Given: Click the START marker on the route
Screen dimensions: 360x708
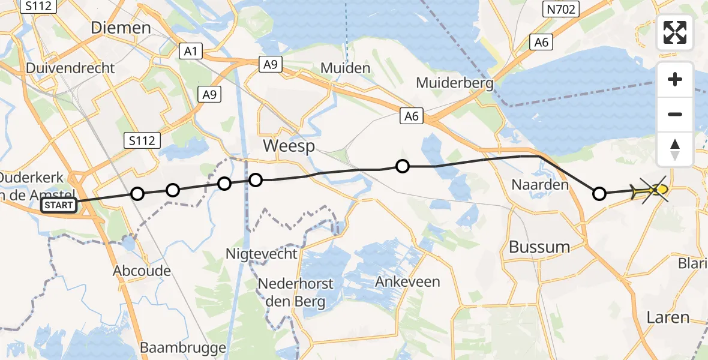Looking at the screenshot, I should pos(59,206).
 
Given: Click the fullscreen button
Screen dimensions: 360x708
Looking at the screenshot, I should pos(675,32).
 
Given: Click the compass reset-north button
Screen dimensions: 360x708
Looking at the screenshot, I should pos(675,149).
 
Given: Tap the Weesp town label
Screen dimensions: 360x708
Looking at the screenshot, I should pos(289,147).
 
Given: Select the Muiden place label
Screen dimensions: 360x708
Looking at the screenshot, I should pos(345,68).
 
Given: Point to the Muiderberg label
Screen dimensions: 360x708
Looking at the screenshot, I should pos(454,82).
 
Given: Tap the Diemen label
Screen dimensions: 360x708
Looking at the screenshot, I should pos(121,28).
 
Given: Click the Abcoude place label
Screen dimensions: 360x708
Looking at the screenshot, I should pos(142,271).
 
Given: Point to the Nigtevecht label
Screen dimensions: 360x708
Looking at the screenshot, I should pos(261,254).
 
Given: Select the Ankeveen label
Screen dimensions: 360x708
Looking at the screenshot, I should pos(407,281).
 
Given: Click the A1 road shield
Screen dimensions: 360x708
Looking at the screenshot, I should pos(190,52).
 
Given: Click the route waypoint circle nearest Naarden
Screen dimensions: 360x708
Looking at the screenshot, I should pos(599,193).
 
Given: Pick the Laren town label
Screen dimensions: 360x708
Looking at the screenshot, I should pos(667,317).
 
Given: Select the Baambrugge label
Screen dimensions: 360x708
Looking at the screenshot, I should pos(182,347).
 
